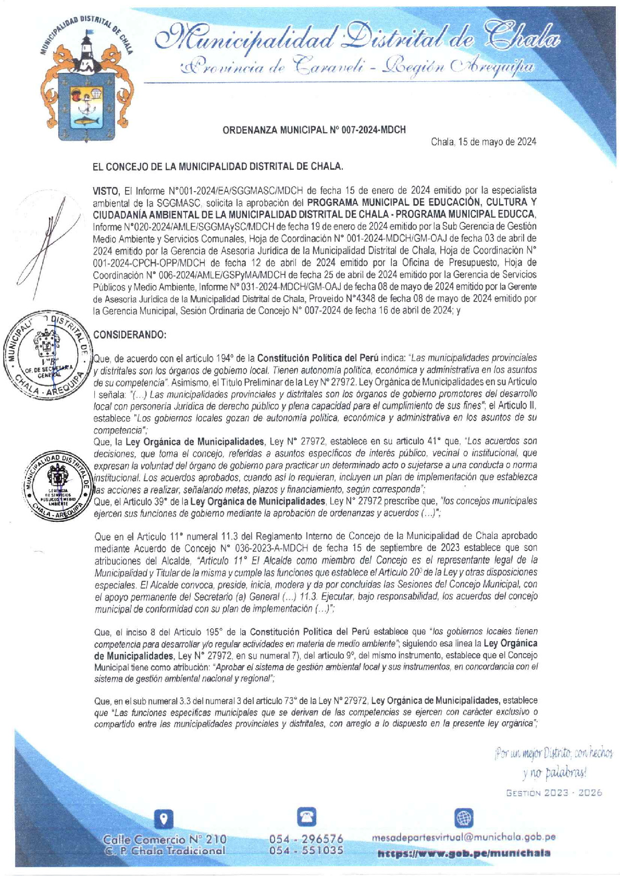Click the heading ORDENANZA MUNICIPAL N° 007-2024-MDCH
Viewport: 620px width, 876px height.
(x=314, y=130)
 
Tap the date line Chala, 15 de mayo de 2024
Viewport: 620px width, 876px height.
(x=483, y=142)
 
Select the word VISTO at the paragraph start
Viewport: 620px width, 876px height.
(x=106, y=191)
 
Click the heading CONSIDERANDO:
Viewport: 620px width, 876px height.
(x=130, y=335)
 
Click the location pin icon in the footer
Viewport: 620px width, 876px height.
(x=165, y=819)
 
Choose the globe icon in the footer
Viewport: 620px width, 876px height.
(x=463, y=818)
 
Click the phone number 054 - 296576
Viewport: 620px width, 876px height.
(x=306, y=839)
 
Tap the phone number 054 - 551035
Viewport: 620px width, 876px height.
(x=306, y=850)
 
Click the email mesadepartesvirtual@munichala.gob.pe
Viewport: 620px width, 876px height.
(x=463, y=837)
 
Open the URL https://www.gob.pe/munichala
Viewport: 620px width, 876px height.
(x=463, y=853)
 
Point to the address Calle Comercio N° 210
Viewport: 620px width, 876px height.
(x=165, y=839)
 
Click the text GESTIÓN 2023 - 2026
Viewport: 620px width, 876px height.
(x=554, y=793)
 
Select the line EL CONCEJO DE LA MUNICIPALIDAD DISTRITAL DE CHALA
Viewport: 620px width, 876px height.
(x=218, y=167)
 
